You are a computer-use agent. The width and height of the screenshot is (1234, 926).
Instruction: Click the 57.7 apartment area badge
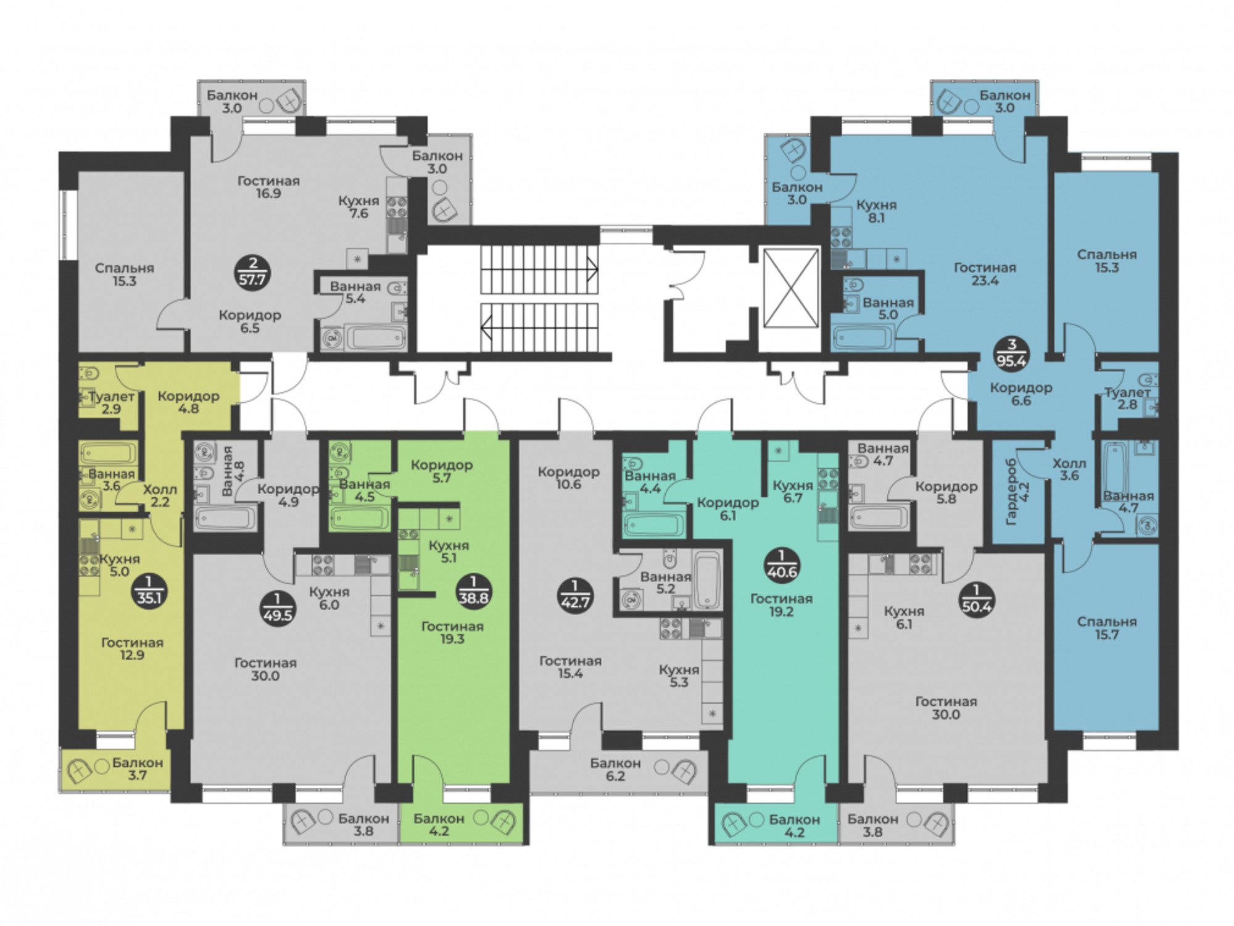[x=253, y=273]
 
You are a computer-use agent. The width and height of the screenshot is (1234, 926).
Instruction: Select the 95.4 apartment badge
[x=1011, y=354]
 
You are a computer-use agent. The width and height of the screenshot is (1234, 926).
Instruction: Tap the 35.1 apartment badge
[x=149, y=591]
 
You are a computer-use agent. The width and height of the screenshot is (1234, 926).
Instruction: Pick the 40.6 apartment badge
[x=782, y=565]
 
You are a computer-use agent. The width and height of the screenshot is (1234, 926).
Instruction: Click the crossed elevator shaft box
[x=791, y=287]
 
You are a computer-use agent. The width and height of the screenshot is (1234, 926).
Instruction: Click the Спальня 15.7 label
[x=1106, y=628]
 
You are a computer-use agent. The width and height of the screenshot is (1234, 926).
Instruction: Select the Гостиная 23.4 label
[x=985, y=274]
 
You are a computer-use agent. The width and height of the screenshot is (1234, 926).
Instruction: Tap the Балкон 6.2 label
[x=615, y=769]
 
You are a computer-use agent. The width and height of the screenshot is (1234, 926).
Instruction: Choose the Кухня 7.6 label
[x=358, y=207]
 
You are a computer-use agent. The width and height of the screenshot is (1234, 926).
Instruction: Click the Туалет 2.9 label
[x=112, y=402]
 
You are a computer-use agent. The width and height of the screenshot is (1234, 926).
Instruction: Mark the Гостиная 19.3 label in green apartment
[x=452, y=632]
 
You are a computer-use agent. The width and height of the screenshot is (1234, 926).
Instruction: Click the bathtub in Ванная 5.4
[x=376, y=338]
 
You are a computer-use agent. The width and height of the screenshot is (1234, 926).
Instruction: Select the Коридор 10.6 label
[x=568, y=478]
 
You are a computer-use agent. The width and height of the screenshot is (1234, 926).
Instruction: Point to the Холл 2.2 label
[x=160, y=495]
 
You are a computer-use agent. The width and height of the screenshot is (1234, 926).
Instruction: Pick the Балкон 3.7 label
[x=138, y=769]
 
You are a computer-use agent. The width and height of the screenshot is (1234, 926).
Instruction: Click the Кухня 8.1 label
[x=876, y=211]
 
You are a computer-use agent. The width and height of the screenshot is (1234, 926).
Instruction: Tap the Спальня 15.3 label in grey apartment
[x=125, y=275]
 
